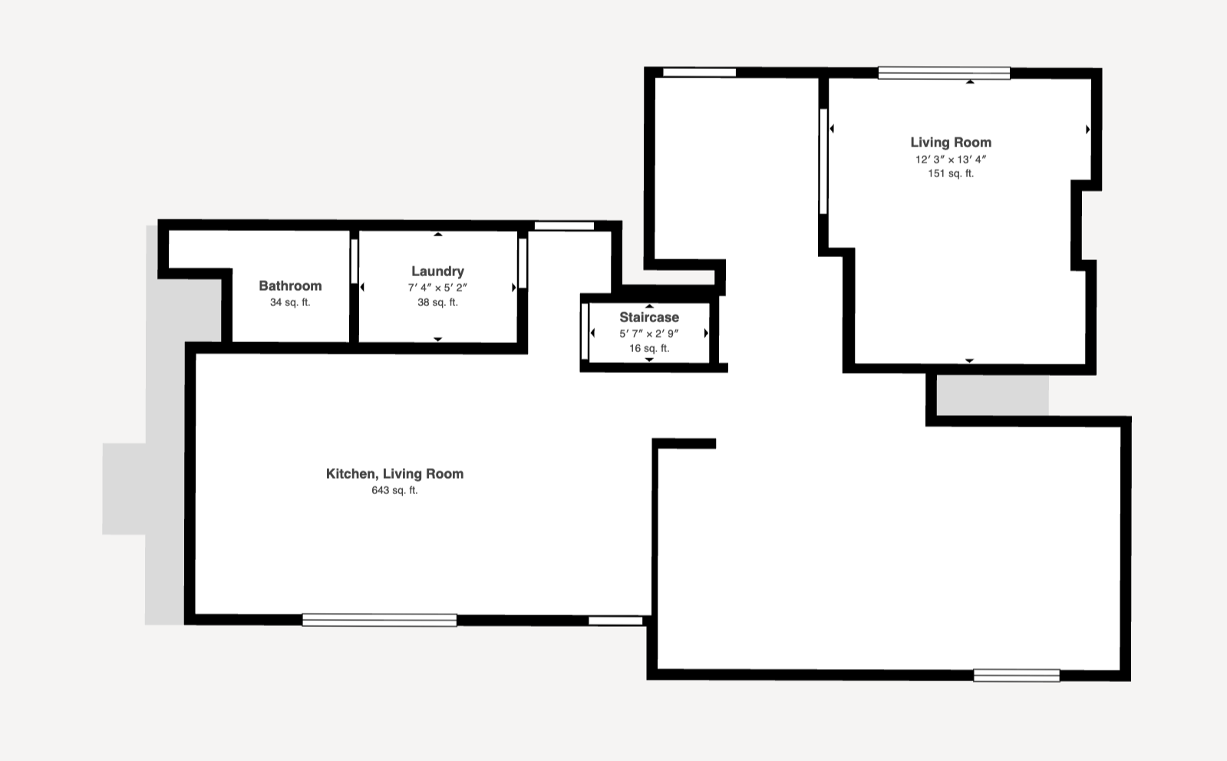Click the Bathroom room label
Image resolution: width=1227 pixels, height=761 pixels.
pyautogui.click(x=290, y=286)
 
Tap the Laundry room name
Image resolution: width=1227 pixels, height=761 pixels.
pyautogui.click(x=437, y=271)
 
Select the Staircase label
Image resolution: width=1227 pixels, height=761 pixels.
pyautogui.click(x=649, y=317)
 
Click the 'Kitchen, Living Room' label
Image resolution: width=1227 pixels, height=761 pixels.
pyautogui.click(x=394, y=473)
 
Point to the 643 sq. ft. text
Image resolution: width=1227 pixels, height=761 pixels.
pyautogui.click(x=394, y=490)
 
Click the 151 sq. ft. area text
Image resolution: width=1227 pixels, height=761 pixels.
pyautogui.click(x=951, y=173)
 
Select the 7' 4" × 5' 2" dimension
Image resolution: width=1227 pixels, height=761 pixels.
pyautogui.click(x=437, y=288)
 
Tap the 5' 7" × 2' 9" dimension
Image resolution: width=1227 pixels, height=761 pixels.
pyautogui.click(x=649, y=334)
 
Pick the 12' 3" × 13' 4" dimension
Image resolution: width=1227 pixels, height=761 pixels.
pyautogui.click(x=951, y=160)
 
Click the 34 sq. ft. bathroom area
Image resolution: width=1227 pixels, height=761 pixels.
pyautogui.click(x=290, y=302)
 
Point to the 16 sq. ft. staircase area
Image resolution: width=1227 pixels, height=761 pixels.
pyautogui.click(x=649, y=348)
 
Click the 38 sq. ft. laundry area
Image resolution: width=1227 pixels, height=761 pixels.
pyautogui.click(x=437, y=302)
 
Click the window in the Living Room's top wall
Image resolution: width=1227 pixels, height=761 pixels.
pyautogui.click(x=945, y=73)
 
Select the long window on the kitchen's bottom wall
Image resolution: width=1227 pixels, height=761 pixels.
pyautogui.click(x=380, y=620)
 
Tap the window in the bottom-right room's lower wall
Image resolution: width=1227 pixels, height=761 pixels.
pyautogui.click(x=1017, y=676)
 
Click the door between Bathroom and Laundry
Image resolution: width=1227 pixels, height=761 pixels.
pyautogui.click(x=355, y=261)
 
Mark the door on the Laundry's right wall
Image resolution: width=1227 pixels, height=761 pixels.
pyautogui.click(x=523, y=263)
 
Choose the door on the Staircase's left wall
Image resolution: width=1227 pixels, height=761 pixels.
pyautogui.click(x=585, y=331)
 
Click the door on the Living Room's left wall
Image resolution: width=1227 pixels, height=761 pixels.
pyautogui.click(x=823, y=162)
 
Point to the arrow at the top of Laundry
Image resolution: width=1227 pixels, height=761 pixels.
pyautogui.click(x=437, y=234)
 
